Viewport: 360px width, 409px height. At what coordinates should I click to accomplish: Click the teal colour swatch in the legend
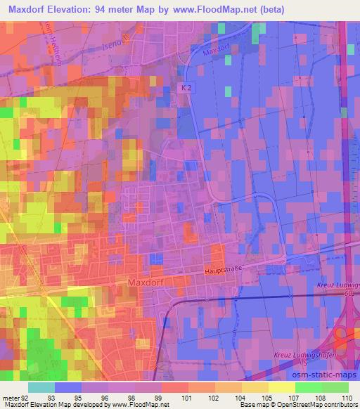41,387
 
